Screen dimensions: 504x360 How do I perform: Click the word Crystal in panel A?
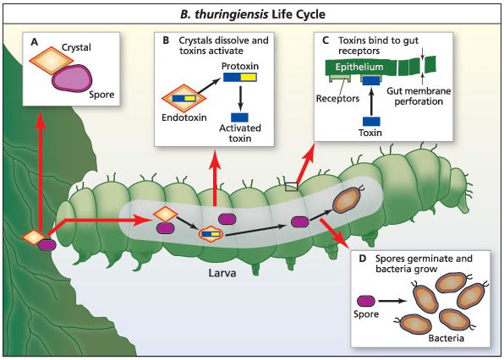point(76,47)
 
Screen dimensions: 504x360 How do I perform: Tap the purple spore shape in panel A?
point(72,78)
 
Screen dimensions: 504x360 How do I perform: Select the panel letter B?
point(166,41)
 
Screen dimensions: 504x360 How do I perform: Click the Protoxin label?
point(240,66)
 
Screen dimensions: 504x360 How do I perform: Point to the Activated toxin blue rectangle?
point(239,117)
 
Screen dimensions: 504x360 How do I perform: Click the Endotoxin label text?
point(184,117)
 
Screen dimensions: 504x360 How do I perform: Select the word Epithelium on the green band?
point(359,67)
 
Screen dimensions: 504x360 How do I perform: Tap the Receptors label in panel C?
point(337,98)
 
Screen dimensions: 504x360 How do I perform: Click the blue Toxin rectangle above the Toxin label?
point(371,122)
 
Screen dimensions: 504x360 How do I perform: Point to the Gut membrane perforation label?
point(419,96)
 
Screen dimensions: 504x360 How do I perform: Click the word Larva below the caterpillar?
point(222,273)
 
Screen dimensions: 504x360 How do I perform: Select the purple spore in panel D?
point(366,301)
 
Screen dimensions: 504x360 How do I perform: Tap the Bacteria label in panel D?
point(446,338)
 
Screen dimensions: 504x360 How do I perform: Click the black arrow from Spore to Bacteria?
point(393,301)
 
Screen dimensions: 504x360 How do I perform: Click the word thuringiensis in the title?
point(232,14)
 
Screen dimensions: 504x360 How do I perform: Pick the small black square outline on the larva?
point(291,187)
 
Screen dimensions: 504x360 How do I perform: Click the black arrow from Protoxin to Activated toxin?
point(240,97)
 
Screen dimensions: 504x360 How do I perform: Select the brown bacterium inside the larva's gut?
point(348,200)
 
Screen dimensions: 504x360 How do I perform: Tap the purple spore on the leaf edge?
point(47,245)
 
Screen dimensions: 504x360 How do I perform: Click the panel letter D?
point(362,259)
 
